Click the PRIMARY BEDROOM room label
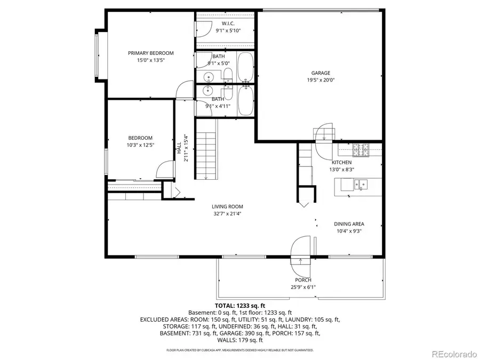[150, 53]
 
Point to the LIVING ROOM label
[227, 206]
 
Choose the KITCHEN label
[341, 162]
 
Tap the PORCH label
[303, 280]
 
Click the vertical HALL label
[179, 148]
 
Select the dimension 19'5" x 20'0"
[321, 81]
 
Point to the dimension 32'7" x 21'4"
[227, 214]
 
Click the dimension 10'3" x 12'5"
[140, 145]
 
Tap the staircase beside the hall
[206, 149]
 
